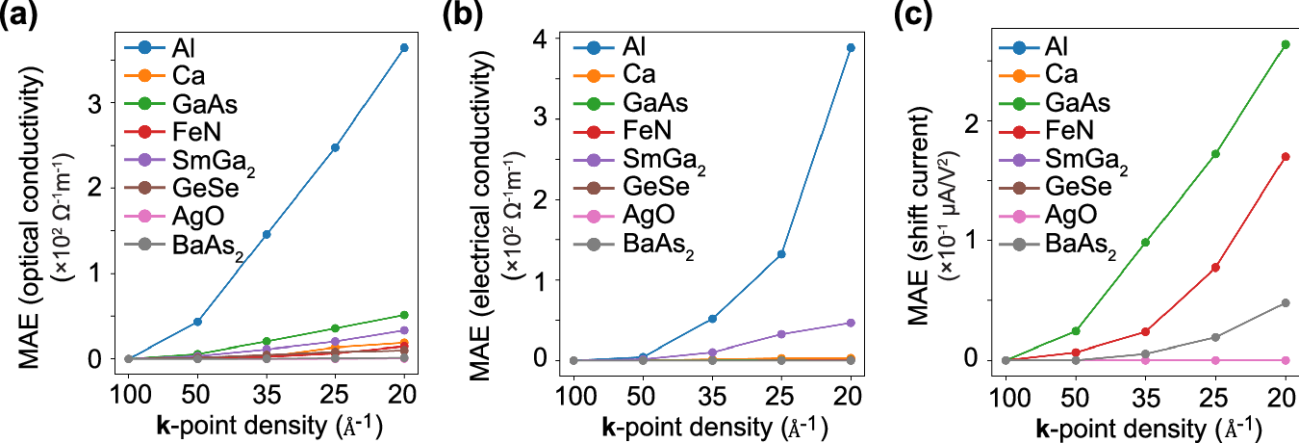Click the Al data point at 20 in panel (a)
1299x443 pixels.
(404, 47)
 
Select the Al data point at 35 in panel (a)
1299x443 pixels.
(267, 234)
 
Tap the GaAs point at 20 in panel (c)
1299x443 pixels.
(1285, 44)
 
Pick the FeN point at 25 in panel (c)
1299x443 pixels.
(1215, 267)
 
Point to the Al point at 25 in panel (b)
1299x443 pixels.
(781, 254)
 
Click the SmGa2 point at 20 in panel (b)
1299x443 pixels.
(851, 323)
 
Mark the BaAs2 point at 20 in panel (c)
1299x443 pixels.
(1285, 302)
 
